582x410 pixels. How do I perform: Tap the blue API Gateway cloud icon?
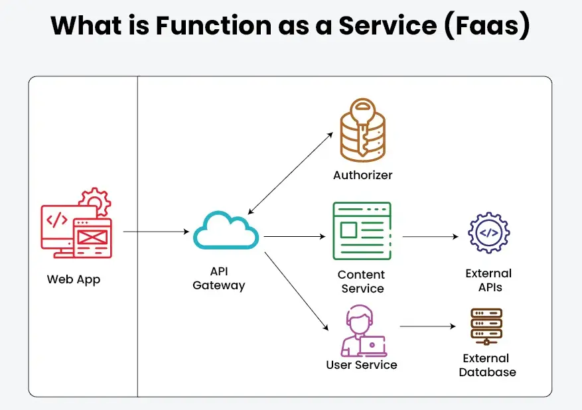point(226,230)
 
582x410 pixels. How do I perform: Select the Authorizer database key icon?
point(362,131)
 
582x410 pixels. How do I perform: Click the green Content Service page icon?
point(362,231)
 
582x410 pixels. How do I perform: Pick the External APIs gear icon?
point(488,233)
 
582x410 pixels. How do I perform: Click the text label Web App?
point(73,279)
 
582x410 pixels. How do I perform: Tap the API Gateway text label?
point(219,279)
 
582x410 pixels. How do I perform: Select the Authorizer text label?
point(362,176)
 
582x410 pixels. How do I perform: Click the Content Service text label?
point(362,281)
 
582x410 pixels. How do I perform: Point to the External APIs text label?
point(489,280)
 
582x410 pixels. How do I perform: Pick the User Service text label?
point(362,365)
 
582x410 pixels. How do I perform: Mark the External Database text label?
point(488,365)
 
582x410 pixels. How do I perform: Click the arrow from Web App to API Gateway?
point(156,232)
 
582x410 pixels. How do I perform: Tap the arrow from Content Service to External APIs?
point(431,236)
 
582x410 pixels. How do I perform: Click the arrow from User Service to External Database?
point(428,327)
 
